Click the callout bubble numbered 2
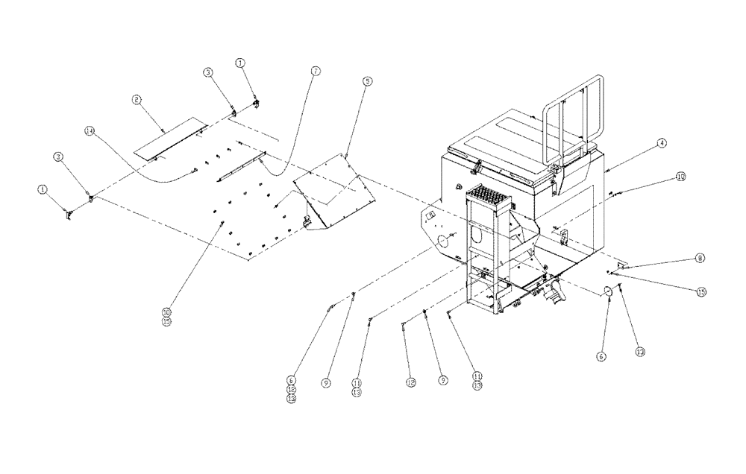click(137, 99)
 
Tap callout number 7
click(316, 71)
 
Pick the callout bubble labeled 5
click(366, 81)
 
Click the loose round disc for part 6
click(607, 291)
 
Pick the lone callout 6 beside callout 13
click(602, 357)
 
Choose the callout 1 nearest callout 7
click(240, 63)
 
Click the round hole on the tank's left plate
click(442, 241)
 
